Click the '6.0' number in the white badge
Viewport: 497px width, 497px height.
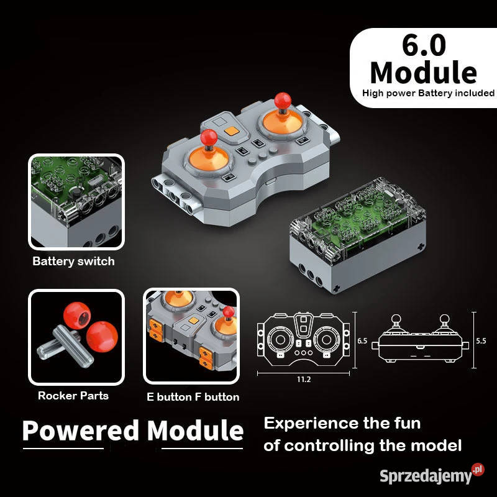424,47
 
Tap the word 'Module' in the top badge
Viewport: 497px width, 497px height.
424,73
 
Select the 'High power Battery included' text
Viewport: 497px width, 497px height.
429,93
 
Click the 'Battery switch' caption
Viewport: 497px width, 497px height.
73,262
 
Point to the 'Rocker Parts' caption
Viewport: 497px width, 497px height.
73,396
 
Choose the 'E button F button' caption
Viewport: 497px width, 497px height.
193,397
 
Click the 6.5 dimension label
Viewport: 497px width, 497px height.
363,341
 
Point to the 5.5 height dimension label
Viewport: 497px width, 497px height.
481,341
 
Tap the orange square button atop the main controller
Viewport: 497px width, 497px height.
233,132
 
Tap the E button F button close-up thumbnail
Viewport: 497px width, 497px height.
191,336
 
